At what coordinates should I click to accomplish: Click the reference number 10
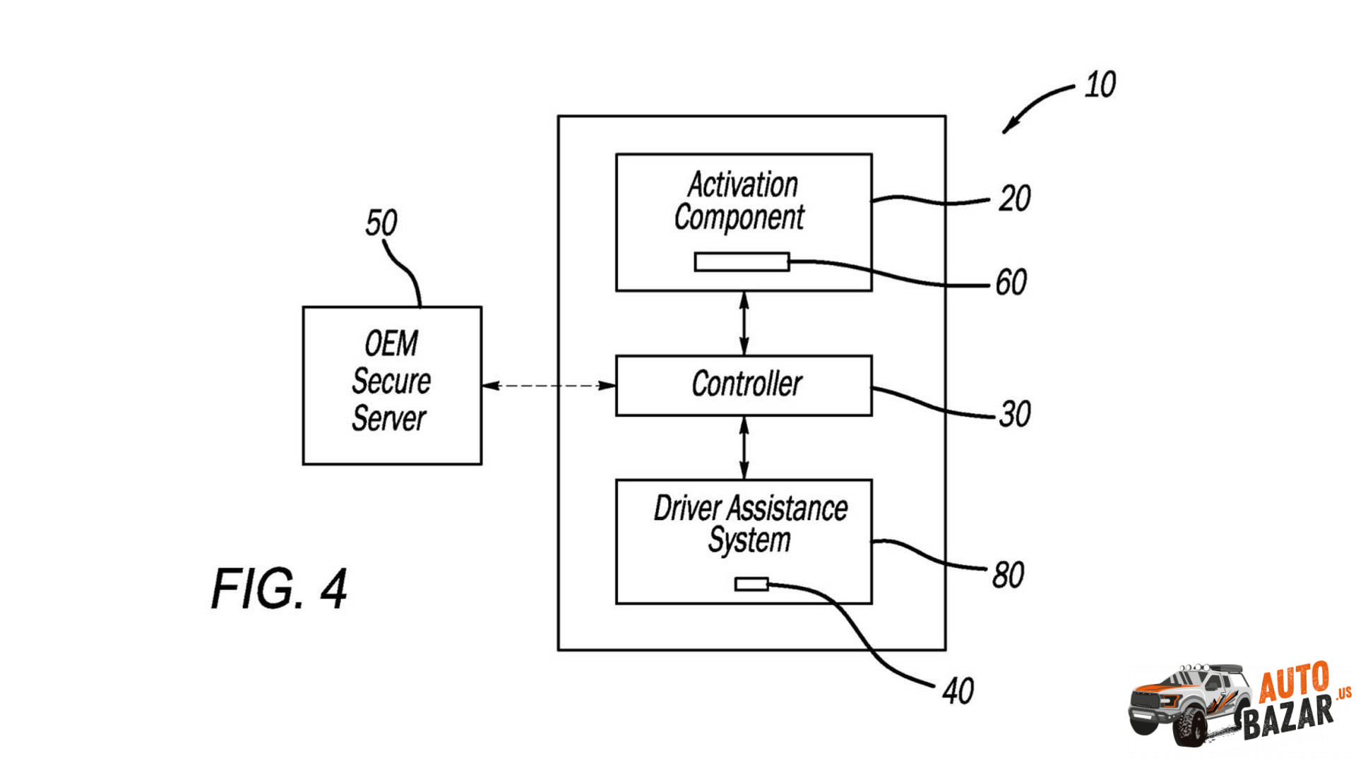1100,85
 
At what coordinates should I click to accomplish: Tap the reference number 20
1014,199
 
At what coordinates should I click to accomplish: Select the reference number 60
1011,283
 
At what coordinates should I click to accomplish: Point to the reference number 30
1015,414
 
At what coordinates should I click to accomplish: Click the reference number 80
1008,575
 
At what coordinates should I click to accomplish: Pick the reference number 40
958,691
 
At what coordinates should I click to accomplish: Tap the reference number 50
381,223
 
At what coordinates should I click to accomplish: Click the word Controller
747,384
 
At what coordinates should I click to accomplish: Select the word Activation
743,185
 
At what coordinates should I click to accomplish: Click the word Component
739,218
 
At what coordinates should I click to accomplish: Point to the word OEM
391,344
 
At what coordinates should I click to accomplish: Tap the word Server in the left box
389,418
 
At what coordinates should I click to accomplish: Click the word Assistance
787,509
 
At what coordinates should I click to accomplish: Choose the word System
749,540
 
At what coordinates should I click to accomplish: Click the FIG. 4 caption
279,588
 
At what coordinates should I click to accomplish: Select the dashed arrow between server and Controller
549,386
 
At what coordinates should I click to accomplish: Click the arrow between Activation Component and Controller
744,324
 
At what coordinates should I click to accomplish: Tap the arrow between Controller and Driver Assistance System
744,448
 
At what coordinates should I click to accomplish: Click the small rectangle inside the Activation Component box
742,262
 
